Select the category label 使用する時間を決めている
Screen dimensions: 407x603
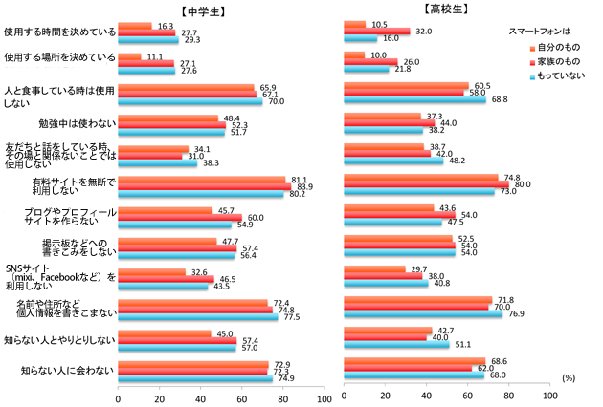click(x=60, y=32)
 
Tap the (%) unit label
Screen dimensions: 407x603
click(x=569, y=378)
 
